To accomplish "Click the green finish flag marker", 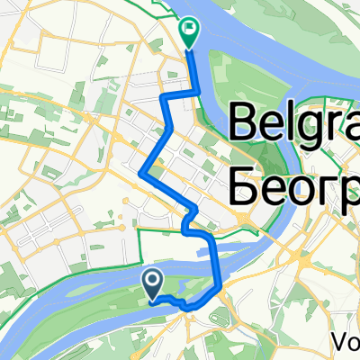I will [189, 33].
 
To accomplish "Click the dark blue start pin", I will [152, 284].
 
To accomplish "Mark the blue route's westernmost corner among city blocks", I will [141, 172].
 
